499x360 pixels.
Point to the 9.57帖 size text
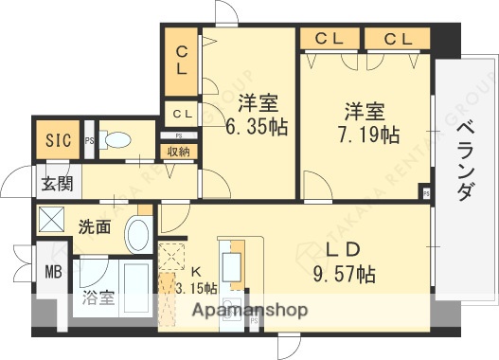coord(345,275)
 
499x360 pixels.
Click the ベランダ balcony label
coord(464,161)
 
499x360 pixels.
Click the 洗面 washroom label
coord(94,227)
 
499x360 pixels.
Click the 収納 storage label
coord(178,152)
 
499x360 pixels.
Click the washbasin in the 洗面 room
coord(138,232)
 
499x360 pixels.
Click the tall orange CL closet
coord(180,58)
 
